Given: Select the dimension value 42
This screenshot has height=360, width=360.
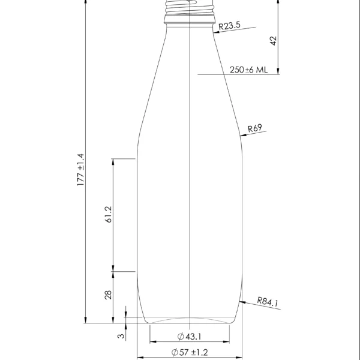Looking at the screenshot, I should point(273,40).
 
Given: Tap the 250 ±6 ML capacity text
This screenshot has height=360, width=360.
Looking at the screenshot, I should point(248,70).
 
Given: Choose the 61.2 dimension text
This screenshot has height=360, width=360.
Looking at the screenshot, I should point(109,215).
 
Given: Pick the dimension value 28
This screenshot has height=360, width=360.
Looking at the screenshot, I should point(109,295).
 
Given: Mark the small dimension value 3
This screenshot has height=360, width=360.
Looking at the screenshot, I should point(121,337).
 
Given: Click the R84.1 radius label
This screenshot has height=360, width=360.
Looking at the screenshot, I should point(268,302).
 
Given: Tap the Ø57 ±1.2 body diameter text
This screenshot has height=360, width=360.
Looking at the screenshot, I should point(189,352).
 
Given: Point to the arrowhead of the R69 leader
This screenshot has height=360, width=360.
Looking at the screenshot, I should point(242,136).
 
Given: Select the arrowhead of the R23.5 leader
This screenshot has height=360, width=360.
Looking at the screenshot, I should point(214,31).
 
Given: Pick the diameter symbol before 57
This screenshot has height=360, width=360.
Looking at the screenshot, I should point(175,352).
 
